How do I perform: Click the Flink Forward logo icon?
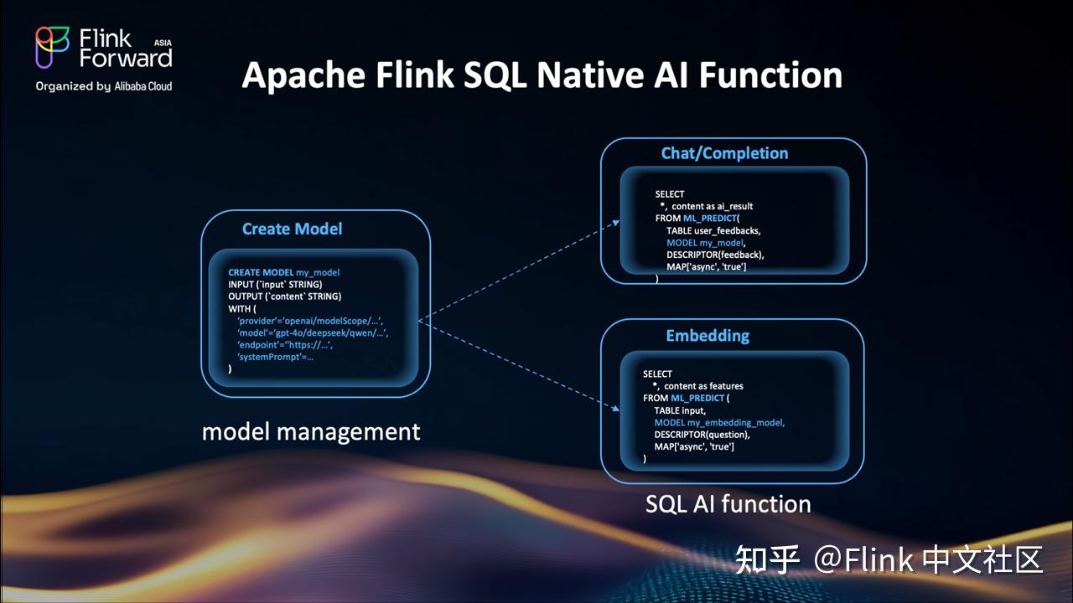tap(52, 47)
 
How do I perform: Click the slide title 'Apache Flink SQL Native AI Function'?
tap(542, 75)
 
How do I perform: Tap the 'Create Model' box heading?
tap(292, 229)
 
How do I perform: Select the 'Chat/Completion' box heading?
tap(724, 153)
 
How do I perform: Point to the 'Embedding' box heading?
tap(708, 336)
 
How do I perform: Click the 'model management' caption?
tap(311, 431)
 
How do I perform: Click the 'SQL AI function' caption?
tap(728, 503)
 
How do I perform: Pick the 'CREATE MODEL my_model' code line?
tap(283, 273)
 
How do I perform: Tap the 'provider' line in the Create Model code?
tap(310, 321)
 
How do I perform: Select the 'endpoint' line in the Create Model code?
tap(284, 344)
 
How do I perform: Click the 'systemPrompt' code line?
tap(275, 357)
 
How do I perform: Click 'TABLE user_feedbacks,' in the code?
tap(713, 230)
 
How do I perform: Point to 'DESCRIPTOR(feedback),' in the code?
tap(715, 255)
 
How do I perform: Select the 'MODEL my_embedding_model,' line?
tap(719, 423)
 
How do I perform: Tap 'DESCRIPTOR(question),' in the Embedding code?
tap(702, 435)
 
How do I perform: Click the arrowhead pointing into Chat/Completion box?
tap(616, 223)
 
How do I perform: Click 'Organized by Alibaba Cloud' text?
tap(104, 86)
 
